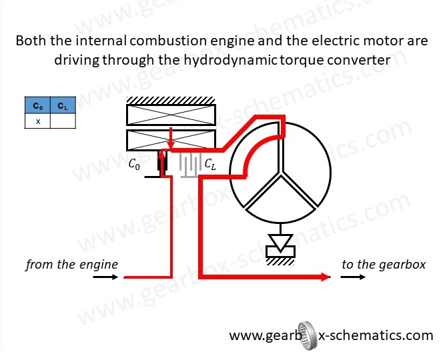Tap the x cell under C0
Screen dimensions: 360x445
click(x=37, y=121)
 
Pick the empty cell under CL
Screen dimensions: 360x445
click(x=62, y=121)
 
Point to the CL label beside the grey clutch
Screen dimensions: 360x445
click(x=210, y=163)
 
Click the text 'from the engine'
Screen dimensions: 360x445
click(x=71, y=265)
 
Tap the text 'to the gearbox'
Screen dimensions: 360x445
click(x=383, y=265)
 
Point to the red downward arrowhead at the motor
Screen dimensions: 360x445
click(x=171, y=144)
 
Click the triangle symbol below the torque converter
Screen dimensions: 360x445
click(x=280, y=241)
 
